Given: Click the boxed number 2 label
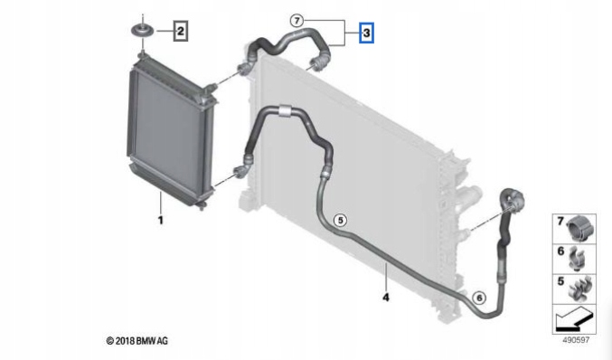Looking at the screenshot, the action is tap(181, 33).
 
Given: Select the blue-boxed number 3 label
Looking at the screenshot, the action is tap(366, 33).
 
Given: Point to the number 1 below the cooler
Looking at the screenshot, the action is tap(160, 220).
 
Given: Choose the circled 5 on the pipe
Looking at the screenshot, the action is tap(340, 218).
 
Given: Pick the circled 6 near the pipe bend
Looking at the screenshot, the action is tap(479, 297).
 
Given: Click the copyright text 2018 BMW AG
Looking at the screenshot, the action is tap(137, 340).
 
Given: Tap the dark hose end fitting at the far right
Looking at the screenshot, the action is tap(511, 199).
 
